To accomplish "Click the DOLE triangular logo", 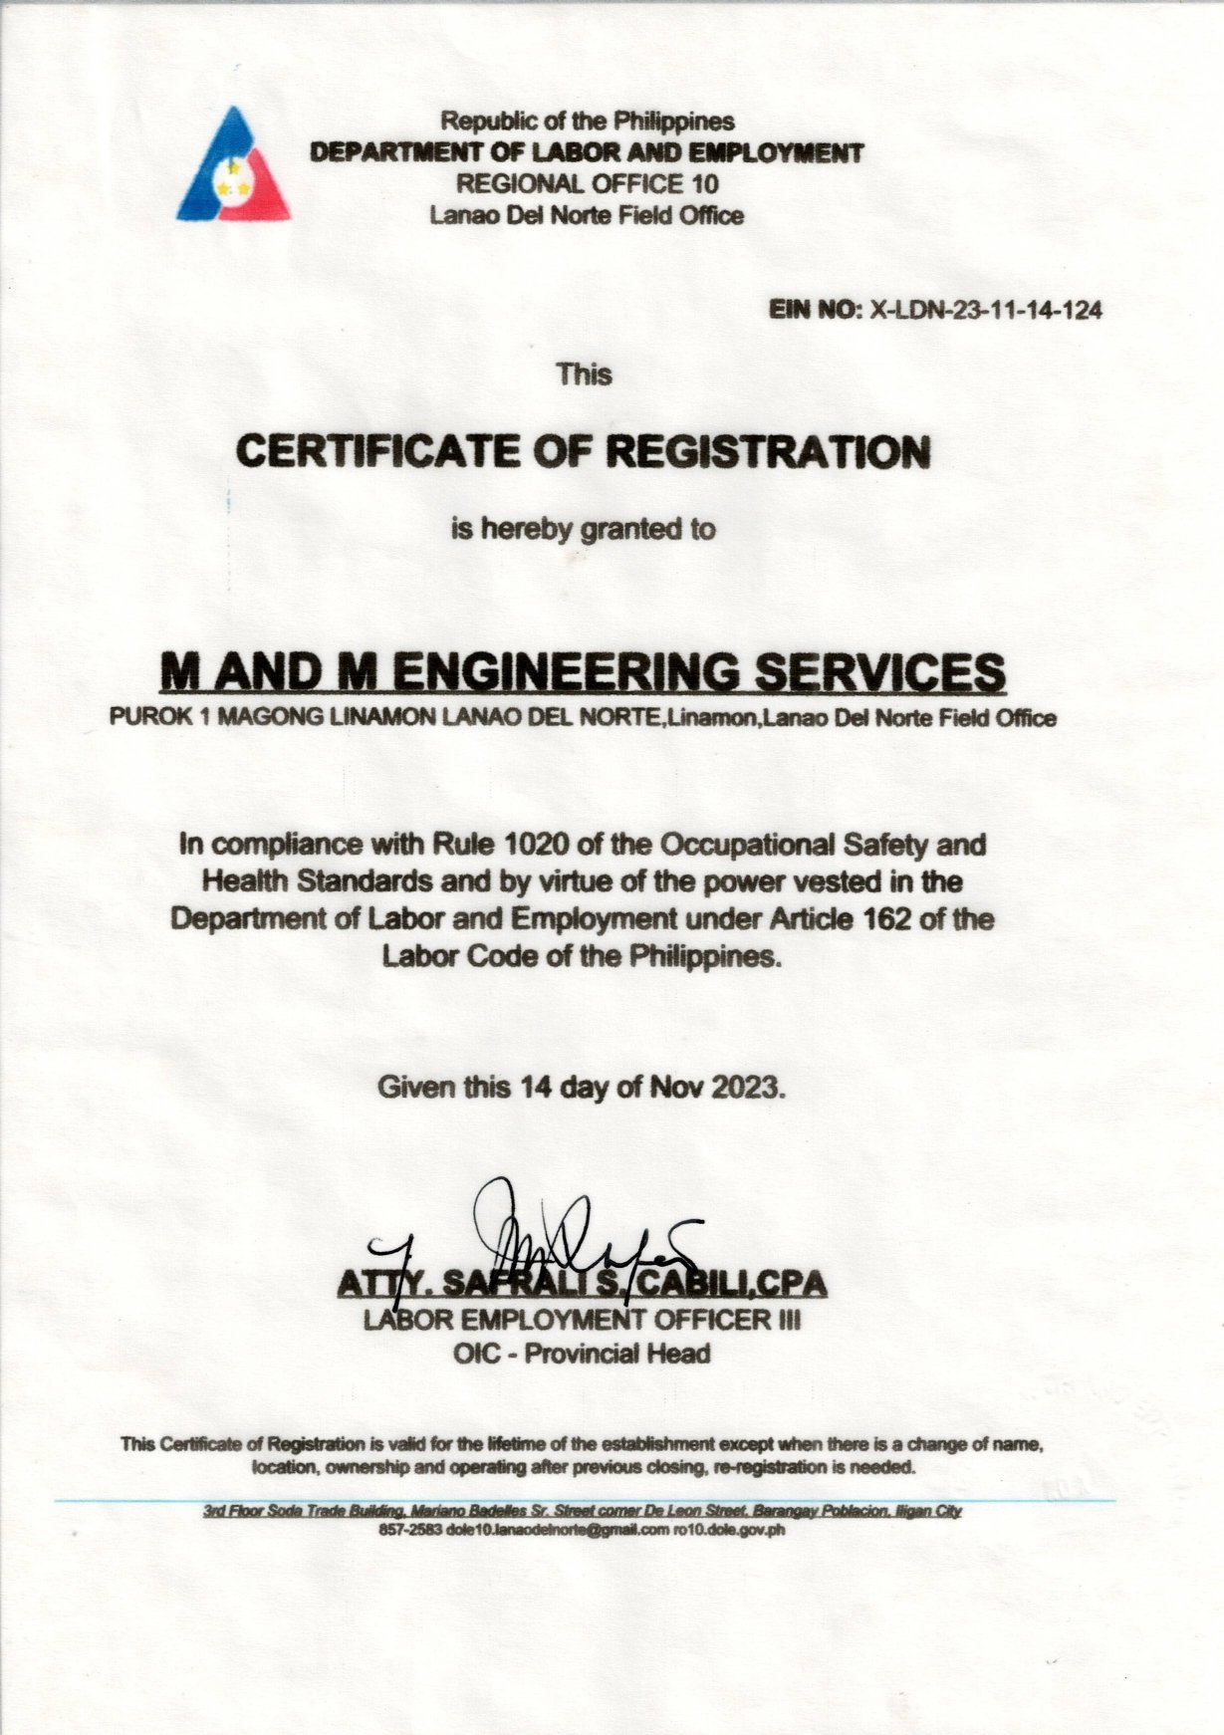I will coord(234,166).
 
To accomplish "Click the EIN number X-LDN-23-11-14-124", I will coord(986,310).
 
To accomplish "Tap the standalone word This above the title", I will coord(585,374).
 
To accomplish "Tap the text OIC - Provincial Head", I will coord(583,1354).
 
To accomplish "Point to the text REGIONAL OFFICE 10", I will coord(587,183).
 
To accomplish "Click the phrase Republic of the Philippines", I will coord(588,122).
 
